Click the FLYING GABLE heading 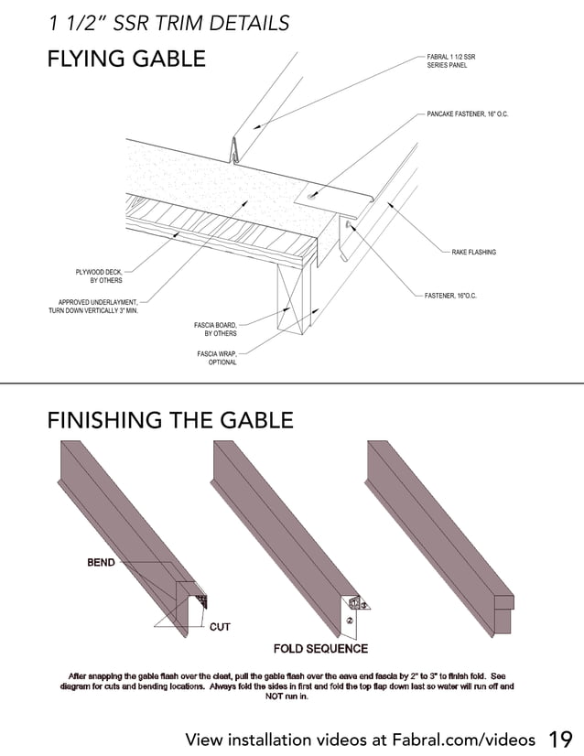point(126,59)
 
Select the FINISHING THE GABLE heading point(170,420)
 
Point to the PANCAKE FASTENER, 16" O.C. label point(467,113)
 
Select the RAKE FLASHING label point(473,252)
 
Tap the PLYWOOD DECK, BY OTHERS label point(99,275)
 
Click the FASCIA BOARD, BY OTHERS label point(215,329)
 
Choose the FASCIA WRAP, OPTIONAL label point(217,357)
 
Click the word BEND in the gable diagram point(101,562)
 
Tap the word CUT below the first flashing point(220,627)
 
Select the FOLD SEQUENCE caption point(320,649)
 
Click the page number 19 point(560,739)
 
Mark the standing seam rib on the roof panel point(235,148)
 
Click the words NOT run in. point(287,697)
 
